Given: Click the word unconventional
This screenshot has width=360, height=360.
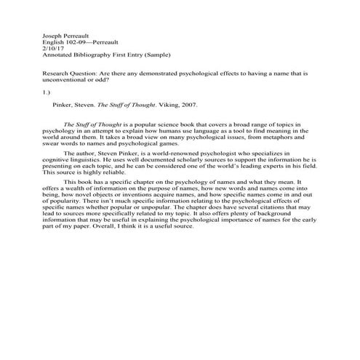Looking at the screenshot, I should coord(67,82).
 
